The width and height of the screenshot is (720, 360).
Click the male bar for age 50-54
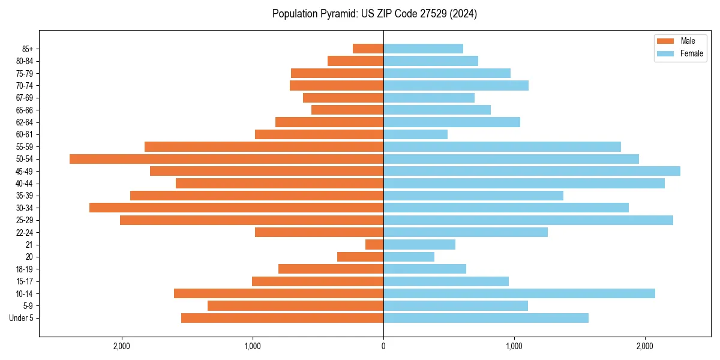(x=226, y=159)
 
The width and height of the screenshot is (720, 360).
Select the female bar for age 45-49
(x=532, y=171)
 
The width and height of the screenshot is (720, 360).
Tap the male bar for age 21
(x=374, y=244)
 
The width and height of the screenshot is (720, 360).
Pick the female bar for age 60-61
(x=415, y=134)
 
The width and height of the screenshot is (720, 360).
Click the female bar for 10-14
(x=519, y=293)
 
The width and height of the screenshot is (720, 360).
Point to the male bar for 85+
(x=368, y=49)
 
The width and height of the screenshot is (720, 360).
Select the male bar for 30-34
(x=236, y=208)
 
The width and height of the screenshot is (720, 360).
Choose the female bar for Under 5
(x=486, y=318)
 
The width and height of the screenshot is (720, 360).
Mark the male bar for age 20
(x=360, y=257)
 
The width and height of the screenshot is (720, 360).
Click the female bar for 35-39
(x=473, y=196)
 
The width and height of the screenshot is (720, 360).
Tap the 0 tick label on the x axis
(x=383, y=346)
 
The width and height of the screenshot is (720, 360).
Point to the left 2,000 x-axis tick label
(x=122, y=346)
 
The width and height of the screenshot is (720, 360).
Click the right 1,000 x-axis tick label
(x=514, y=346)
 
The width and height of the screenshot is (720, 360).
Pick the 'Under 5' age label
(x=21, y=318)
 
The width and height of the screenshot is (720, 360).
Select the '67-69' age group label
(x=25, y=98)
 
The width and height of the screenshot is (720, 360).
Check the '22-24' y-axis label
(x=25, y=232)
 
